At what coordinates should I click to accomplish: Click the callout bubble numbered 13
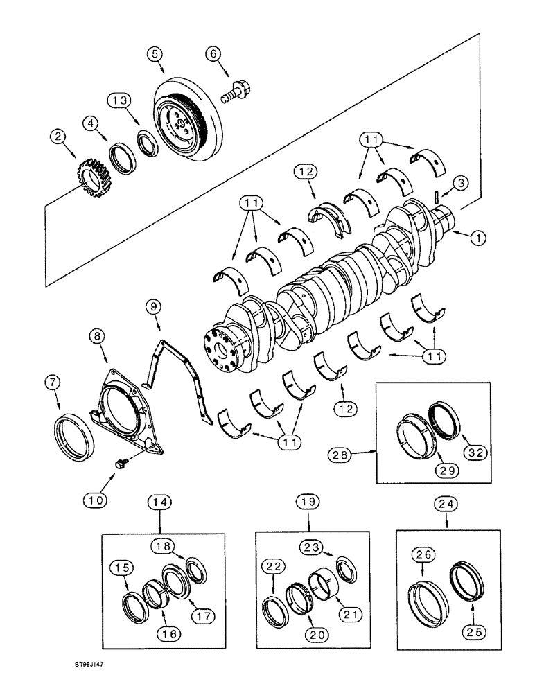(119, 100)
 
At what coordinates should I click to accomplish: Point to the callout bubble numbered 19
(308, 500)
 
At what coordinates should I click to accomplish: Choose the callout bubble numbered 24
(443, 500)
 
